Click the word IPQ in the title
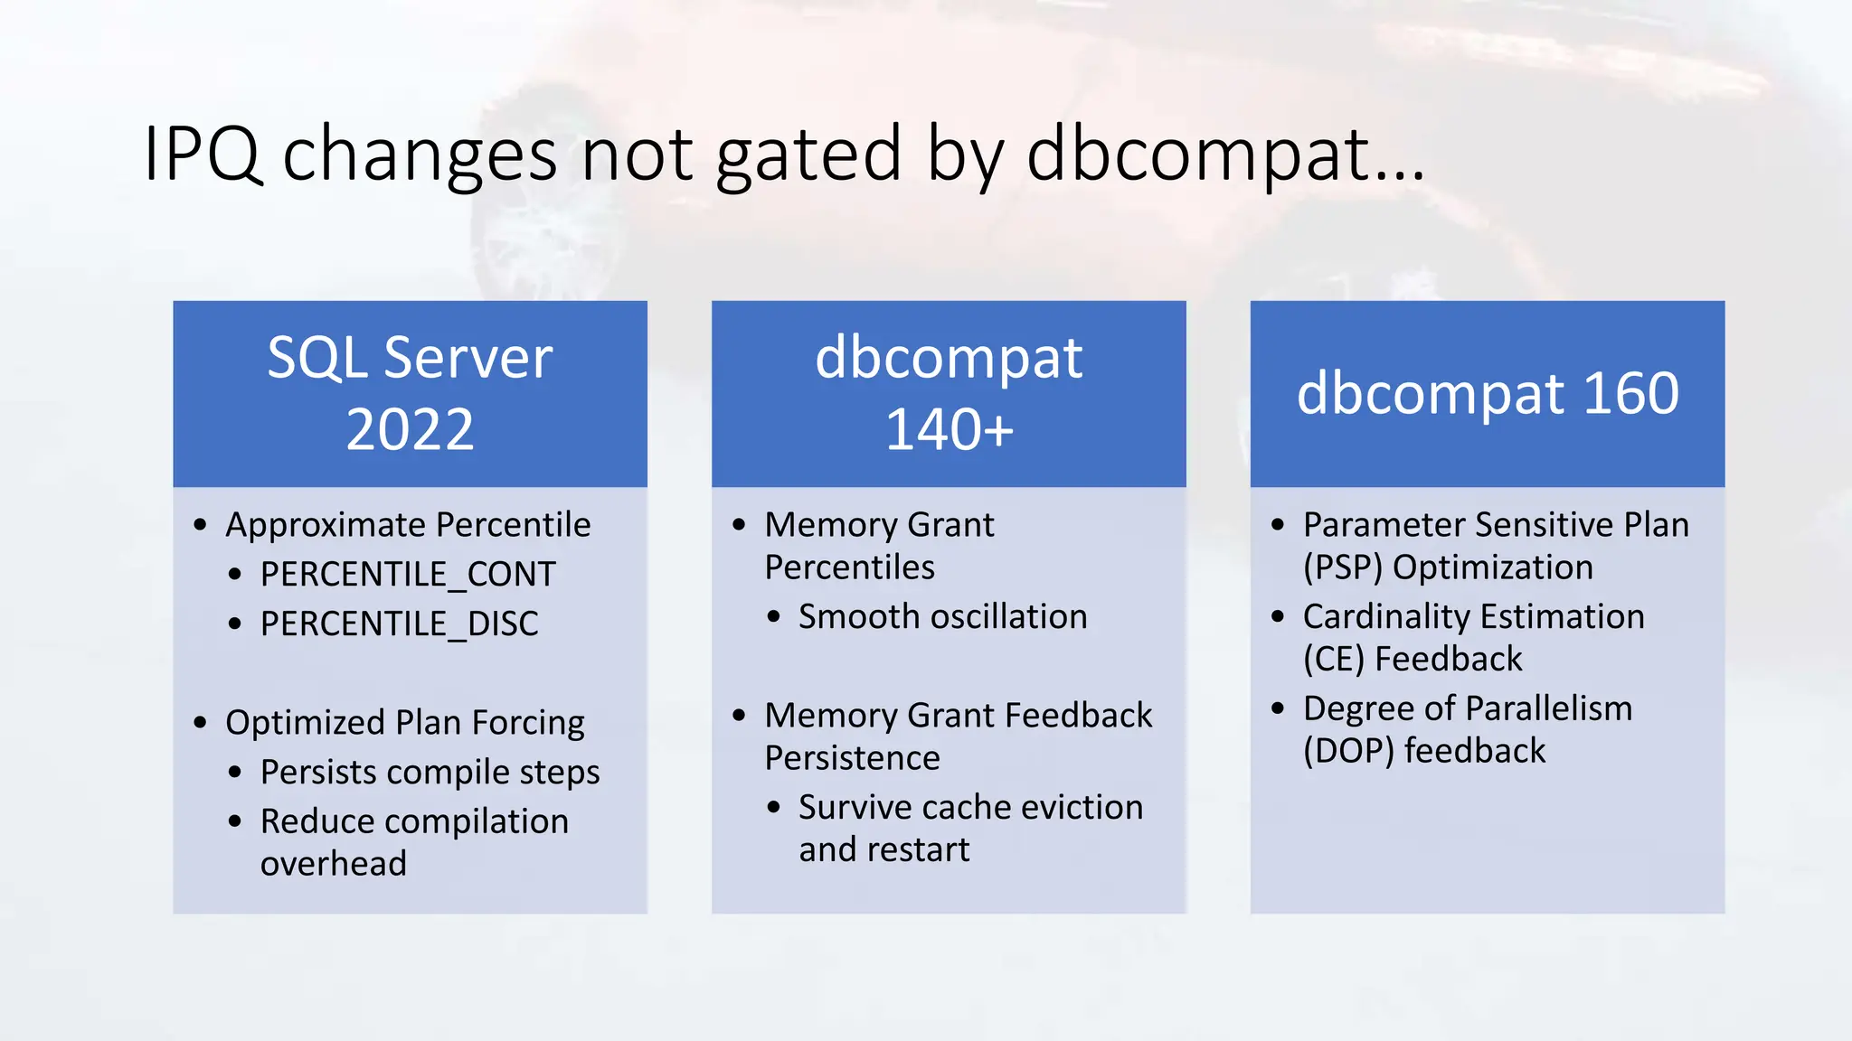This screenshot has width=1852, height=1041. (x=203, y=154)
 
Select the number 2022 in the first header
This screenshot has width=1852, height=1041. (x=410, y=429)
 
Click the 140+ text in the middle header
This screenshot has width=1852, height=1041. (x=949, y=429)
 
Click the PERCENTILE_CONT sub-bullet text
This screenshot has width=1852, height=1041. (x=408, y=575)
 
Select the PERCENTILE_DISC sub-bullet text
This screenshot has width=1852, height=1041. (x=399, y=624)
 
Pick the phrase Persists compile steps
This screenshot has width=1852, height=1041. (x=430, y=773)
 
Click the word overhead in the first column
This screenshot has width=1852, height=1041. (x=333, y=864)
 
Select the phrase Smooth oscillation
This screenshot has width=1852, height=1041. (x=942, y=617)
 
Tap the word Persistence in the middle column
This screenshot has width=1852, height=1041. (x=852, y=758)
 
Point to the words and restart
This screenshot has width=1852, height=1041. (x=883, y=850)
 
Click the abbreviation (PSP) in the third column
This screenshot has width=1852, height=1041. (x=1342, y=568)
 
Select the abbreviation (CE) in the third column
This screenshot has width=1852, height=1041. (x=1333, y=660)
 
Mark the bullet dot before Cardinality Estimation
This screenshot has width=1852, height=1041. (x=1277, y=617)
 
